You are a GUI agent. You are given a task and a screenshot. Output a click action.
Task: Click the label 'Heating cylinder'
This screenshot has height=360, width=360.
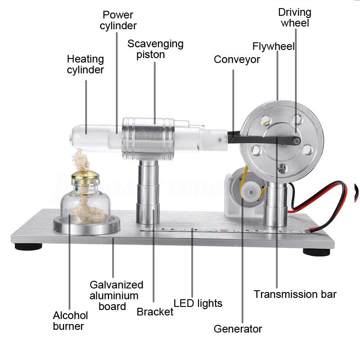click(85, 64)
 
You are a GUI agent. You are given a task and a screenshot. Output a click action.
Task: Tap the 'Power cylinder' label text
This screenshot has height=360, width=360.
click(118, 20)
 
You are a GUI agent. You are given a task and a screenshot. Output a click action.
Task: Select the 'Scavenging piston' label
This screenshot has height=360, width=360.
click(155, 49)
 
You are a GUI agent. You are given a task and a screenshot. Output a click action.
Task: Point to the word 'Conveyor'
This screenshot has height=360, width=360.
click(237, 59)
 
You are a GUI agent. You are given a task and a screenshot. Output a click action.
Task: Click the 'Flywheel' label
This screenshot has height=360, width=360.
click(273, 46)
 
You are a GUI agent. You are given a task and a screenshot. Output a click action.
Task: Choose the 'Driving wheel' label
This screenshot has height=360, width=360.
click(295, 18)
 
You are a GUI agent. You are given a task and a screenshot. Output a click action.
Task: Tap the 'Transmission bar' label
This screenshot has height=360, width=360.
click(295, 294)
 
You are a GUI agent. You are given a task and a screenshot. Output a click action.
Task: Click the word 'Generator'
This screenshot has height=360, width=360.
click(238, 329)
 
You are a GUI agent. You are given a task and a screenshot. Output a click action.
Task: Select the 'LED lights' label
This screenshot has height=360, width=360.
click(198, 303)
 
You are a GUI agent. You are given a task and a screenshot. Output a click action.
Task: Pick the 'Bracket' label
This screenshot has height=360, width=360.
click(155, 312)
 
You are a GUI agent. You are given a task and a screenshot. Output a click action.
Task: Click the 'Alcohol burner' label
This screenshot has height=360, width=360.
click(70, 321)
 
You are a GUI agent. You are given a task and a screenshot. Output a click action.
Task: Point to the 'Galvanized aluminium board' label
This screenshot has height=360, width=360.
click(116, 296)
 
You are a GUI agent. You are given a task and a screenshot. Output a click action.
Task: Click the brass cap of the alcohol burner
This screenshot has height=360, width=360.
click(85, 175)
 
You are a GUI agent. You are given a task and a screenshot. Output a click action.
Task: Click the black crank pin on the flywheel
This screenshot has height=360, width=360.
click(297, 140)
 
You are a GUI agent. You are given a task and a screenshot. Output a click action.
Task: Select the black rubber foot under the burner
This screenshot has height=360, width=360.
click(28, 247)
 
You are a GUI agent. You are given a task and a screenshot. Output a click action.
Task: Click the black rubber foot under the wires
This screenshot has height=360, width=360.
click(316, 252)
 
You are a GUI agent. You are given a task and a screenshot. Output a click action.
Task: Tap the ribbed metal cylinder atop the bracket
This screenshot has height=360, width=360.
click(148, 139)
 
